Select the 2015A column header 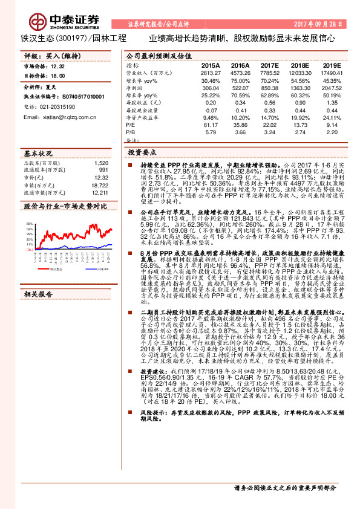click(211, 64)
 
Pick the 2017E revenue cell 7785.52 click(270, 71)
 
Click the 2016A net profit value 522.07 click(240, 87)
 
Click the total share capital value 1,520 click(101, 163)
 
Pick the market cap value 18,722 click(100, 185)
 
